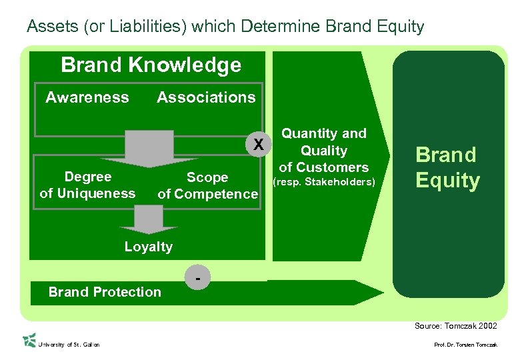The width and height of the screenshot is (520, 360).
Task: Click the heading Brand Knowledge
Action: tap(151, 65)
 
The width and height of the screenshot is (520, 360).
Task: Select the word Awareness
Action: tap(87, 97)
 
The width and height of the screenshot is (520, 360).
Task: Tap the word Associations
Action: tap(206, 97)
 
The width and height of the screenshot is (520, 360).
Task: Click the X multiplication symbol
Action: tap(259, 144)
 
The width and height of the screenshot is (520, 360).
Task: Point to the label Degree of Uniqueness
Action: tap(87, 185)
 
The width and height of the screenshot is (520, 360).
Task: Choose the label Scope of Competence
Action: tap(207, 186)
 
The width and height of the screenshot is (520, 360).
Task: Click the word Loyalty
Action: tap(148, 247)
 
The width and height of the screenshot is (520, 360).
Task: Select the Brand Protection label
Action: tap(105, 292)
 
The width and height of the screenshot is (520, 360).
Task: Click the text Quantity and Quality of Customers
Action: tap(324, 151)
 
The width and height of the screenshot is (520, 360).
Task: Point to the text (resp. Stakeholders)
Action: tap(324, 181)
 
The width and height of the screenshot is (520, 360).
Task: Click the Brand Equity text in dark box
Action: tap(447, 168)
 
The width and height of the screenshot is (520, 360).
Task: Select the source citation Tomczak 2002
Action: tap(455, 325)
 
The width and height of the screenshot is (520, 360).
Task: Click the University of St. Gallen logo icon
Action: tap(29, 340)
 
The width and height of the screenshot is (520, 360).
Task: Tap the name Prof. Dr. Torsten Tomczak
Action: tap(465, 345)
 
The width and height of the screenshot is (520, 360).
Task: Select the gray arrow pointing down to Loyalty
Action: tap(149, 219)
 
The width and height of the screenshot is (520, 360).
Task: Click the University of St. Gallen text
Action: tap(69, 345)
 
